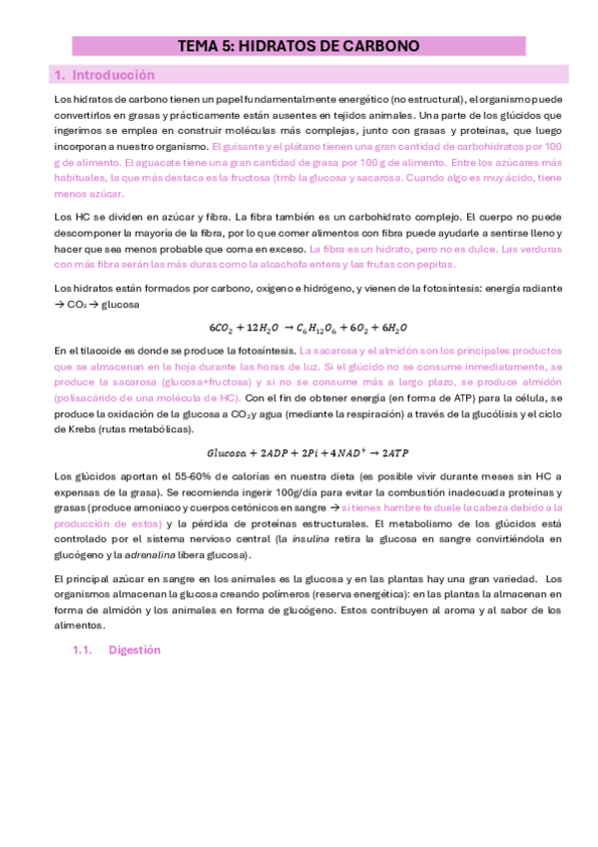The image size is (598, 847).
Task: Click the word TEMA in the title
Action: point(197,46)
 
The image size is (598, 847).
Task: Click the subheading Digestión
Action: point(134,649)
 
